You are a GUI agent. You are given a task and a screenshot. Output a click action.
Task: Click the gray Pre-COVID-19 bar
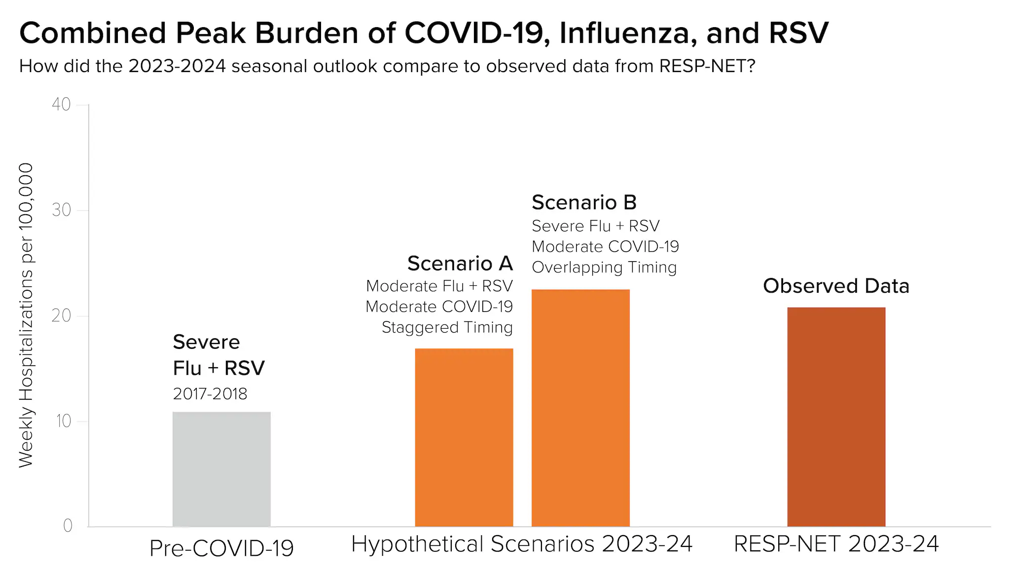tap(221, 469)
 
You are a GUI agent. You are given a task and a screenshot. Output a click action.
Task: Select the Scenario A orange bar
tap(464, 437)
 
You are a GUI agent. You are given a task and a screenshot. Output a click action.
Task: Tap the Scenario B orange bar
tap(580, 408)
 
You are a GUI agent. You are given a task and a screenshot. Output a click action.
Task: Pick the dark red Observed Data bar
tap(836, 417)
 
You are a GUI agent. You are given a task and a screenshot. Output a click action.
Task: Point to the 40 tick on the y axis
tap(62, 105)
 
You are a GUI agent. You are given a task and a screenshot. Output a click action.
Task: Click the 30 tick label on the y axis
tap(62, 210)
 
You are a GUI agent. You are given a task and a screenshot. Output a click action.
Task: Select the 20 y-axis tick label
tap(62, 316)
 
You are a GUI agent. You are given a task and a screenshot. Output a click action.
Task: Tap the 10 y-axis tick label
tap(64, 422)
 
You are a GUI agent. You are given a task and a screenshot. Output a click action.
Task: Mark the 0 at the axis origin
tap(68, 526)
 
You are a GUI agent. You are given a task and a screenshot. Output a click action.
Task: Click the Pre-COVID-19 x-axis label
tap(221, 548)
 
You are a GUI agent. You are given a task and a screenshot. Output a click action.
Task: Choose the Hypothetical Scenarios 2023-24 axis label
tap(522, 544)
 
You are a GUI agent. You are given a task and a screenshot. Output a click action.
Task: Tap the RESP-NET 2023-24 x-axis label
tap(836, 544)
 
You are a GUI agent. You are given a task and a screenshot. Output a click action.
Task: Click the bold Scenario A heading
tap(460, 264)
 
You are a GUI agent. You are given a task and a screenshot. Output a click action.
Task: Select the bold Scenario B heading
tap(584, 202)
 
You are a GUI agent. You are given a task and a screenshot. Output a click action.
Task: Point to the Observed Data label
tap(836, 286)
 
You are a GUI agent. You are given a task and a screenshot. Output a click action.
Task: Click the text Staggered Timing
tap(447, 327)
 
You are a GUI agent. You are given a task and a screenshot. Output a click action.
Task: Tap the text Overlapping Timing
tap(604, 268)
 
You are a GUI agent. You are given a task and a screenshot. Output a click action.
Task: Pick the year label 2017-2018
tap(210, 394)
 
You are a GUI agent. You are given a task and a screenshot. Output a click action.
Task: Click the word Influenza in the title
tap(628, 33)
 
